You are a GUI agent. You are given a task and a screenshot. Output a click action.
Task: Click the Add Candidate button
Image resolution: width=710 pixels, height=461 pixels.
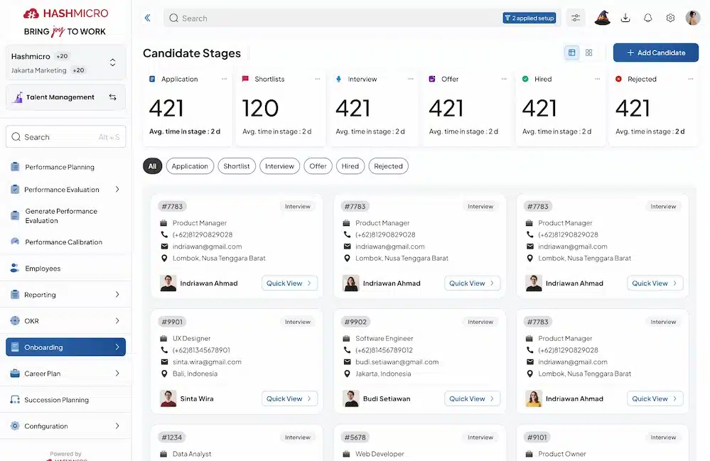pos(655,53)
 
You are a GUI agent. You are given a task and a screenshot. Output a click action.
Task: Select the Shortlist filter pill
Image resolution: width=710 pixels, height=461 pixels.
pos(237,166)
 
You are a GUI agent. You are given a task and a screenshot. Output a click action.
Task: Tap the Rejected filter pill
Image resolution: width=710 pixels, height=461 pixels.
pos(388,166)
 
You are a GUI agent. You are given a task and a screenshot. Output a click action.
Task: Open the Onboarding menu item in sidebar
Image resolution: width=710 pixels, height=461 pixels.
pos(65,347)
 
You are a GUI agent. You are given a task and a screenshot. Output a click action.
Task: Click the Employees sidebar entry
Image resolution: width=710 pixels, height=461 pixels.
pos(43,269)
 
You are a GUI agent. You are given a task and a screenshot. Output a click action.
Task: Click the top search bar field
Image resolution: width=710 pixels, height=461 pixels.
pos(334,18)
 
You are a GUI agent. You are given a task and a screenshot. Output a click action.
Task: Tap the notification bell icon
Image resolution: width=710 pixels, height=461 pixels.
pos(647,18)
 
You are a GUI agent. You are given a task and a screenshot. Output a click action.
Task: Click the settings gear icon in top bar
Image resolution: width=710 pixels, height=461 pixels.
pos(670,18)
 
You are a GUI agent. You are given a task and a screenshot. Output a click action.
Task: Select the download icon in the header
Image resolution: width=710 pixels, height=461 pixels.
pos(625,18)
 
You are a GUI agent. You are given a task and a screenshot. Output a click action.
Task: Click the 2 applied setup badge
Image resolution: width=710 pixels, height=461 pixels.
pos(530,18)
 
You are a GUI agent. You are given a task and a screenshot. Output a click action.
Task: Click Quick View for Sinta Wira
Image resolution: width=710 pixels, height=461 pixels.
pos(289,398)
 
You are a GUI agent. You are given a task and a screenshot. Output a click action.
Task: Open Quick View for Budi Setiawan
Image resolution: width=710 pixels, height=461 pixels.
pos(472,398)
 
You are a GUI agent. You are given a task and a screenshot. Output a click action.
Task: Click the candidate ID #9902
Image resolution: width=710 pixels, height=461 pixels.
pos(355,322)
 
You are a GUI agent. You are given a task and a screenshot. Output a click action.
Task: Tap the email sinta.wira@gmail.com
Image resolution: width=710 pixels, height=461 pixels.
pos(207,362)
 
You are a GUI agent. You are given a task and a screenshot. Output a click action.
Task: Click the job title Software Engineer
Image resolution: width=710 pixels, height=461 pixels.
pos(384,339)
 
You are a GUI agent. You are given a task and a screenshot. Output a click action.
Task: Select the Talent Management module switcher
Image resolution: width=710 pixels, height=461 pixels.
pos(65,97)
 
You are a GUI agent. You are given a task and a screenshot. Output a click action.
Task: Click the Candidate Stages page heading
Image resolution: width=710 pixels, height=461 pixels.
pos(192,53)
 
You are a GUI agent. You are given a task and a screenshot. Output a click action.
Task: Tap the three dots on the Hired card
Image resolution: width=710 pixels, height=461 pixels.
pos(597,79)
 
